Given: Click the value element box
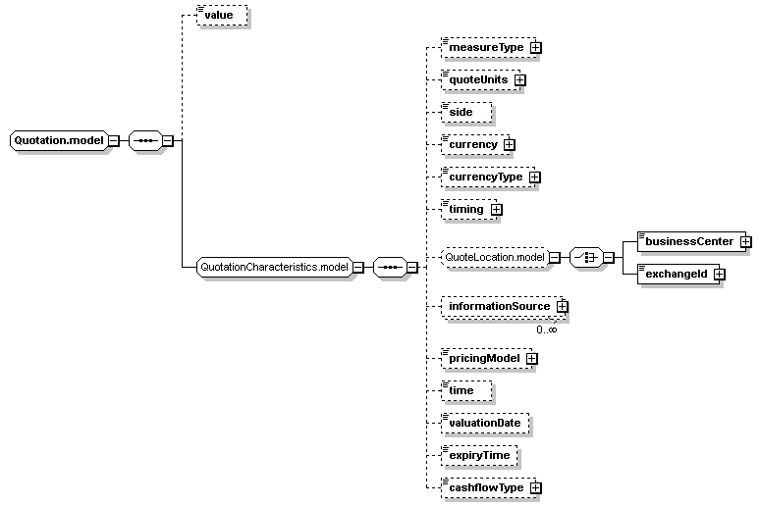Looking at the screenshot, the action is click(x=223, y=15).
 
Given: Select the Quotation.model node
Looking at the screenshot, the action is click(x=59, y=140).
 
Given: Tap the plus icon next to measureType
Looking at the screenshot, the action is click(x=535, y=47).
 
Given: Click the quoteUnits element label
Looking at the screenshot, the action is click(x=478, y=79).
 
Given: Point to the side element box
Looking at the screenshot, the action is click(x=466, y=113).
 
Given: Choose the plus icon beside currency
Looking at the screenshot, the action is click(x=509, y=145).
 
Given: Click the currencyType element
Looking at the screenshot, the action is click(x=488, y=177).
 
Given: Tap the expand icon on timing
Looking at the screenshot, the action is click(x=496, y=210).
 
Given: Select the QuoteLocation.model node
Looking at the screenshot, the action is click(x=495, y=257).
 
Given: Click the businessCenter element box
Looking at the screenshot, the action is click(x=691, y=241).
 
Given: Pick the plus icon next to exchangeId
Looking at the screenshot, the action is click(x=720, y=274).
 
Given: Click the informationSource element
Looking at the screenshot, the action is click(x=502, y=307).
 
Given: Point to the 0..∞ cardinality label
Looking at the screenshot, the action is click(x=547, y=330).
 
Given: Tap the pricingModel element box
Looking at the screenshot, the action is click(x=487, y=358).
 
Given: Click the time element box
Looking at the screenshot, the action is click(x=466, y=390).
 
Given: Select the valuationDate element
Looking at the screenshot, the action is click(x=485, y=424).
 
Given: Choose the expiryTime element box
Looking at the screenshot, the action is click(x=479, y=456).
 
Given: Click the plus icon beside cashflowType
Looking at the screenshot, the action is click(x=535, y=488).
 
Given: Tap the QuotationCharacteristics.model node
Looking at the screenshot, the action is click(x=275, y=268).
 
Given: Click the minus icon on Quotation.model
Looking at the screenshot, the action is click(x=114, y=141).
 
